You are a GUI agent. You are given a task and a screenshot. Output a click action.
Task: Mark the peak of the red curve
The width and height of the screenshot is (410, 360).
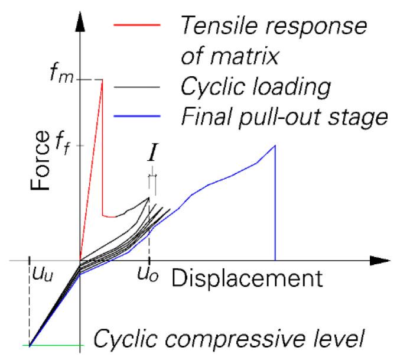point(102,80)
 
